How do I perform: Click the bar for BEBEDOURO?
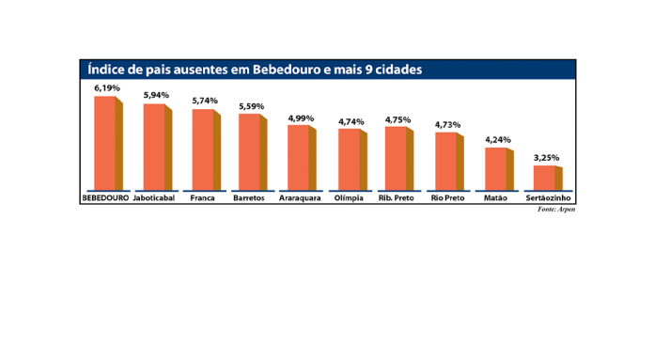click(x=105, y=143)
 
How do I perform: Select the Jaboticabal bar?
click(x=154, y=147)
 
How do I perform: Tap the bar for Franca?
click(x=203, y=149)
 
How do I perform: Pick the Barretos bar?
click(x=249, y=151)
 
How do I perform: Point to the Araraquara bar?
click(x=299, y=157)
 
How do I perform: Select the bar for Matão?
click(x=495, y=168)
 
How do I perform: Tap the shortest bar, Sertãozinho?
click(x=545, y=177)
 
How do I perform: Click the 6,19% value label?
click(x=105, y=87)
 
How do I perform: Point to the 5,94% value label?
click(x=156, y=95)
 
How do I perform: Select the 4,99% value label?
click(x=301, y=117)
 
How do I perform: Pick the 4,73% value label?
click(x=447, y=124)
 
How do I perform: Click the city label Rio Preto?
click(x=446, y=198)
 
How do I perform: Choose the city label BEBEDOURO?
click(x=105, y=198)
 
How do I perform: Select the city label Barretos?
click(x=250, y=198)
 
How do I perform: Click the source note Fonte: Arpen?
click(x=556, y=209)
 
